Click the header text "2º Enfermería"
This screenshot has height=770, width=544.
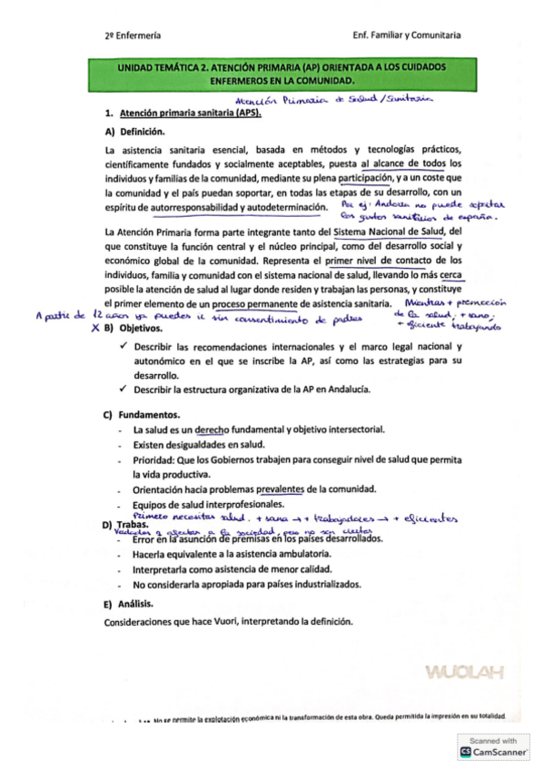tap(133, 35)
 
